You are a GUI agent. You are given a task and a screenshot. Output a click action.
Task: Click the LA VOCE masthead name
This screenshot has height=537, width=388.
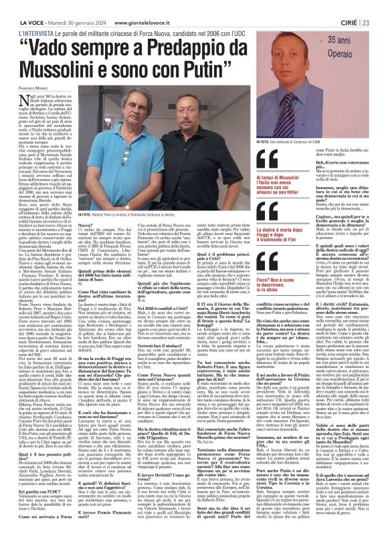coord(21,6)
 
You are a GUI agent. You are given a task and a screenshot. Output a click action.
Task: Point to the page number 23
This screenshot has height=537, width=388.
coord(379,6)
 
